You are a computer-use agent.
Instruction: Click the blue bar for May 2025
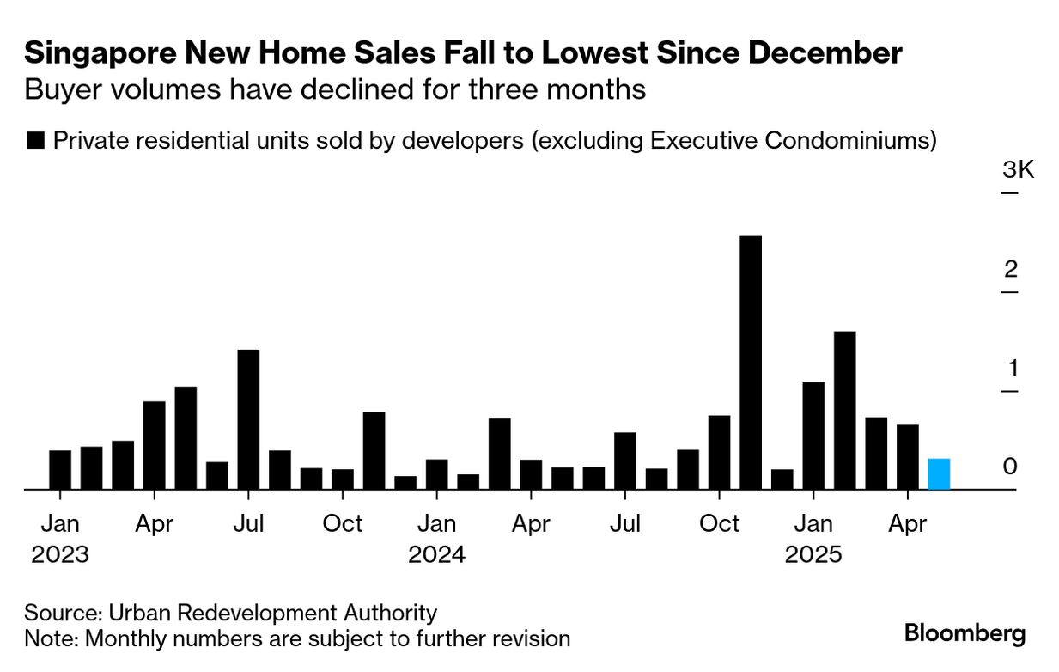point(939,474)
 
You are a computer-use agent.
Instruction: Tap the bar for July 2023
point(248,419)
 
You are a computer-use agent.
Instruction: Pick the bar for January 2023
point(60,470)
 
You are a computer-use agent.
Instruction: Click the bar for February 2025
point(844,410)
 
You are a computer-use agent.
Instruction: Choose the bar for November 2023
point(374,450)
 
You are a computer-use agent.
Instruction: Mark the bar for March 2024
point(500,454)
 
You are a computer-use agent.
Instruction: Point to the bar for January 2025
point(813,436)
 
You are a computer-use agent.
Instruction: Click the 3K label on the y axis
point(1018,170)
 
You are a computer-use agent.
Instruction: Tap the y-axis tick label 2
point(1011,270)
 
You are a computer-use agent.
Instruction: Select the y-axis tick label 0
point(1011,467)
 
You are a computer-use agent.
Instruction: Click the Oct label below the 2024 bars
point(720,523)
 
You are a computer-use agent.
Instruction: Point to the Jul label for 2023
point(248,523)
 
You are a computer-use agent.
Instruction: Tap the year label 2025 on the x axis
point(813,554)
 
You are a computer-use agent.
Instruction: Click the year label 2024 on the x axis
point(436,554)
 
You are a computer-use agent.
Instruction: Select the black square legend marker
point(36,141)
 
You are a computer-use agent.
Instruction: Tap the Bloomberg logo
point(965,634)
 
